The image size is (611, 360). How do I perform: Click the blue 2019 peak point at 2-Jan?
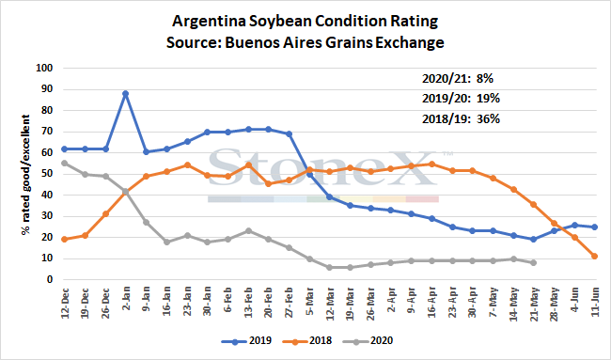[x=125, y=93]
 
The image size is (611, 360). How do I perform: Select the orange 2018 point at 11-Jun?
[x=595, y=257]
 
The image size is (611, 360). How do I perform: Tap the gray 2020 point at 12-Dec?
[x=65, y=164]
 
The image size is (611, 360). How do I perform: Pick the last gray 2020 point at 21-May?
[x=534, y=263]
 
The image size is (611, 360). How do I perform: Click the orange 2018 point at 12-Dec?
[x=65, y=240]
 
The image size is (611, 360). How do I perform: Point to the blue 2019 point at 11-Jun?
[x=595, y=227]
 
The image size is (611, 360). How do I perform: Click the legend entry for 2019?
[x=246, y=341]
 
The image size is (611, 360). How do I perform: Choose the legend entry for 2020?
[x=368, y=341]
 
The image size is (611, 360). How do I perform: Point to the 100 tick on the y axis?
[x=44, y=69]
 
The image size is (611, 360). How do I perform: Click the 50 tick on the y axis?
[x=47, y=174]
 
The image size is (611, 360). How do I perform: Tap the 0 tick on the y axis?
[x=50, y=280]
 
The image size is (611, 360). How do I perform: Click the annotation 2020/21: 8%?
[x=458, y=79]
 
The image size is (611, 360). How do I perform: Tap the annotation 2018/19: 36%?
[x=461, y=118]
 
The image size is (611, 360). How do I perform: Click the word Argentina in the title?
[x=209, y=22]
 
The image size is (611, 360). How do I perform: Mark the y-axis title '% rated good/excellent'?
[x=25, y=175]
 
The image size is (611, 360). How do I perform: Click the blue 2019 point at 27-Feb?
[x=289, y=134]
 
